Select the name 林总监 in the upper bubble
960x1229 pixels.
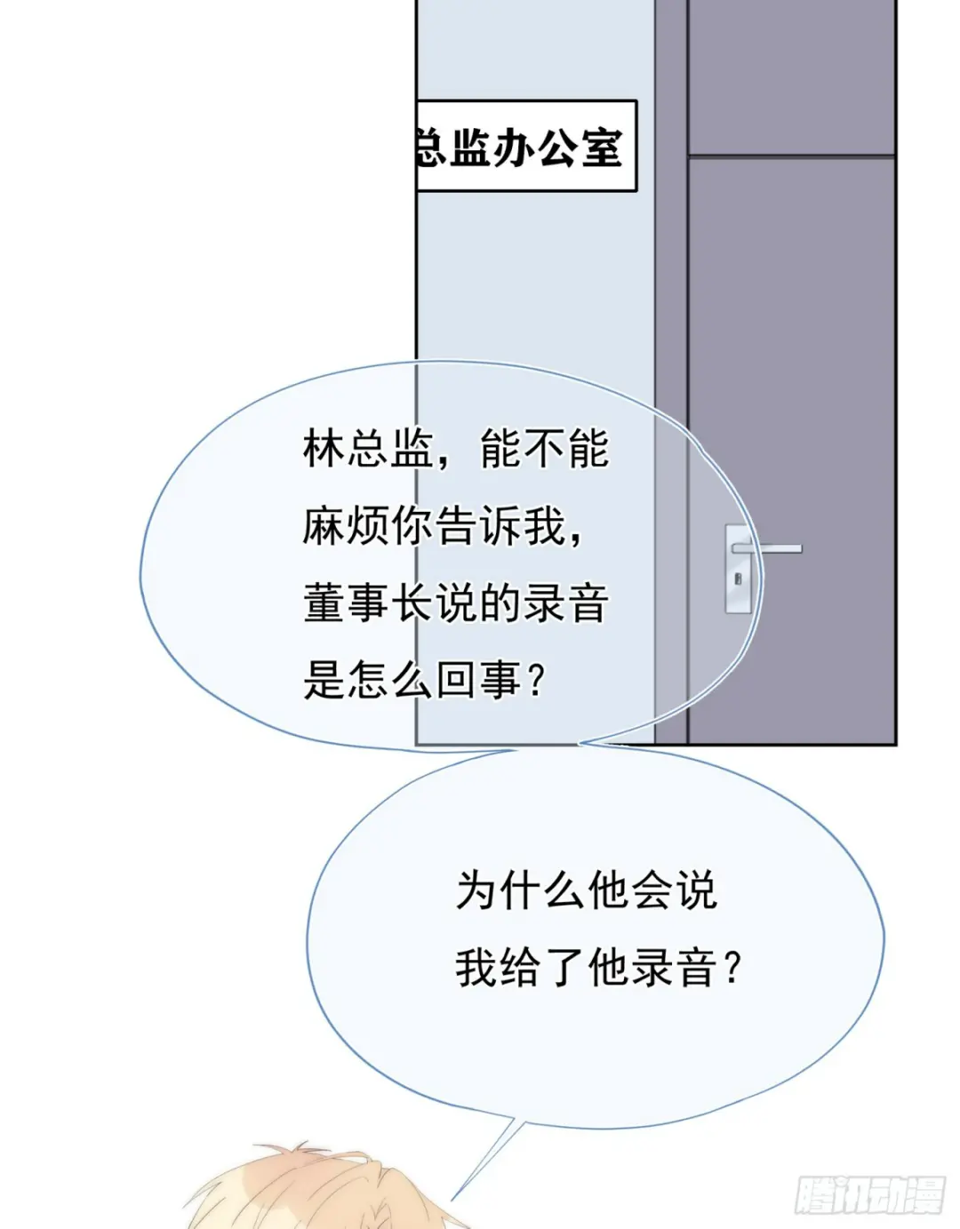[x=367, y=449]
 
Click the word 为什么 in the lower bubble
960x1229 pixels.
[x=521, y=890]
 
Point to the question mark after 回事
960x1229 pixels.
[x=535, y=681]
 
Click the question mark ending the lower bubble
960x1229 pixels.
[x=732, y=968]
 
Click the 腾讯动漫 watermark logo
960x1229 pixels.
[x=868, y=1194]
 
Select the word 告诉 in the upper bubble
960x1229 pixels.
[x=456, y=526]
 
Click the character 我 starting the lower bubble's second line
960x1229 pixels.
[x=476, y=968]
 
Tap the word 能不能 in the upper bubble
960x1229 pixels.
[x=544, y=449]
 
